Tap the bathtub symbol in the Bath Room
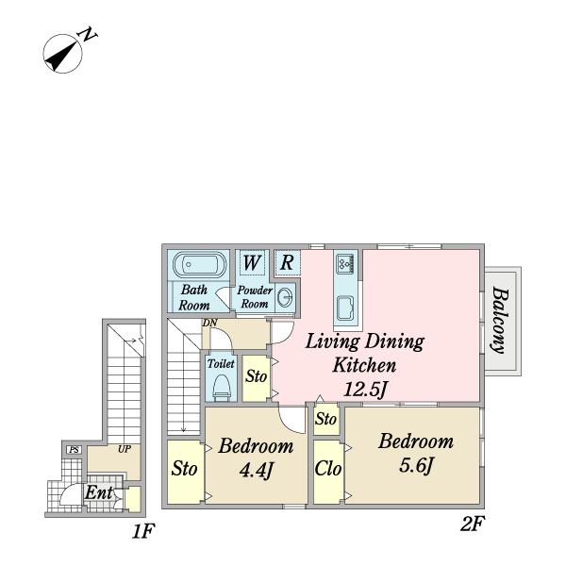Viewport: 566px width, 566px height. point(200,264)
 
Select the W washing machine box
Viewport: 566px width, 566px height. point(252,262)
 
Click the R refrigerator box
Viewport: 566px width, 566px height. point(287,261)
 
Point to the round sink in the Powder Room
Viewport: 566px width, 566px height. point(286,298)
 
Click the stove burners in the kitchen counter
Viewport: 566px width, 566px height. point(345,263)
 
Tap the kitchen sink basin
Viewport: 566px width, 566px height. point(345,308)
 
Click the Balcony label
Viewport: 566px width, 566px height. point(501,320)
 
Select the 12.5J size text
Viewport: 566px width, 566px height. point(365,390)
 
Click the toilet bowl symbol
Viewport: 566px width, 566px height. point(222,388)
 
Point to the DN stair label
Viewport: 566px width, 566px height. point(209,323)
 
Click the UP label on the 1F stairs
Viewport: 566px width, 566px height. point(125,449)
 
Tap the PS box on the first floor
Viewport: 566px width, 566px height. point(75,450)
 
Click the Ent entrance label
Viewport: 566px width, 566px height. point(98,492)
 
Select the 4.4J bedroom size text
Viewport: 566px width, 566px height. point(256,471)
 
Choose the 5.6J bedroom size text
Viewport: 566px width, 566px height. point(415,465)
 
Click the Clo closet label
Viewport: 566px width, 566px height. point(327,469)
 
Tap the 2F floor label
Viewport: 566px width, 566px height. point(473,524)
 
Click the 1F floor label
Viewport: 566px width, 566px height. point(143,531)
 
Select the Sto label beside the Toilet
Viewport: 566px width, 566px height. point(256,376)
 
